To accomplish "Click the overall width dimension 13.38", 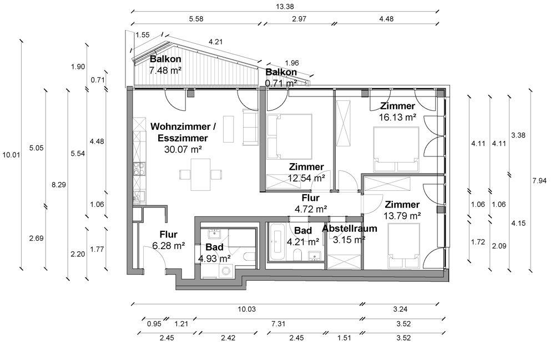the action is pyautogui.click(x=285, y=6).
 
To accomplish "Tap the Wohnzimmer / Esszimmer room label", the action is pyautogui.click(x=183, y=132).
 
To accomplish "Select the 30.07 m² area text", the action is pyautogui.click(x=183, y=149).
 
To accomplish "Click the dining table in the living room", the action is pyautogui.click(x=200, y=175).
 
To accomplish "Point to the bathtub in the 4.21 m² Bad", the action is pyautogui.click(x=277, y=242).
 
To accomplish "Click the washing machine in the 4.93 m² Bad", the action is pyautogui.click(x=225, y=271).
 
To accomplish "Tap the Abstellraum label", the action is pyautogui.click(x=349, y=229).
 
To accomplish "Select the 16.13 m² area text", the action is pyautogui.click(x=397, y=117).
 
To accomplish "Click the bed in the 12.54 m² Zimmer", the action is pyautogui.click(x=289, y=136).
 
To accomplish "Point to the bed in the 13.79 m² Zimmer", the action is pyautogui.click(x=404, y=246).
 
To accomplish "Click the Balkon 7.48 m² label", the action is pyautogui.click(x=165, y=64).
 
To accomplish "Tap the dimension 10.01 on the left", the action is pyautogui.click(x=11, y=155).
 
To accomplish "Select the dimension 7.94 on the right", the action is pyautogui.click(x=539, y=181).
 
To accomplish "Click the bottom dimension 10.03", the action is pyautogui.click(x=246, y=309).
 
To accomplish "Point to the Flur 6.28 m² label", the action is pyautogui.click(x=169, y=240).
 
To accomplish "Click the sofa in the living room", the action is pyautogui.click(x=250, y=127).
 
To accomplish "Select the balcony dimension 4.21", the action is pyautogui.click(x=215, y=42).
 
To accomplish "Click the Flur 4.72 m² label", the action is pyautogui.click(x=310, y=204).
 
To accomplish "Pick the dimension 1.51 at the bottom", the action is pyautogui.click(x=344, y=338).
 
